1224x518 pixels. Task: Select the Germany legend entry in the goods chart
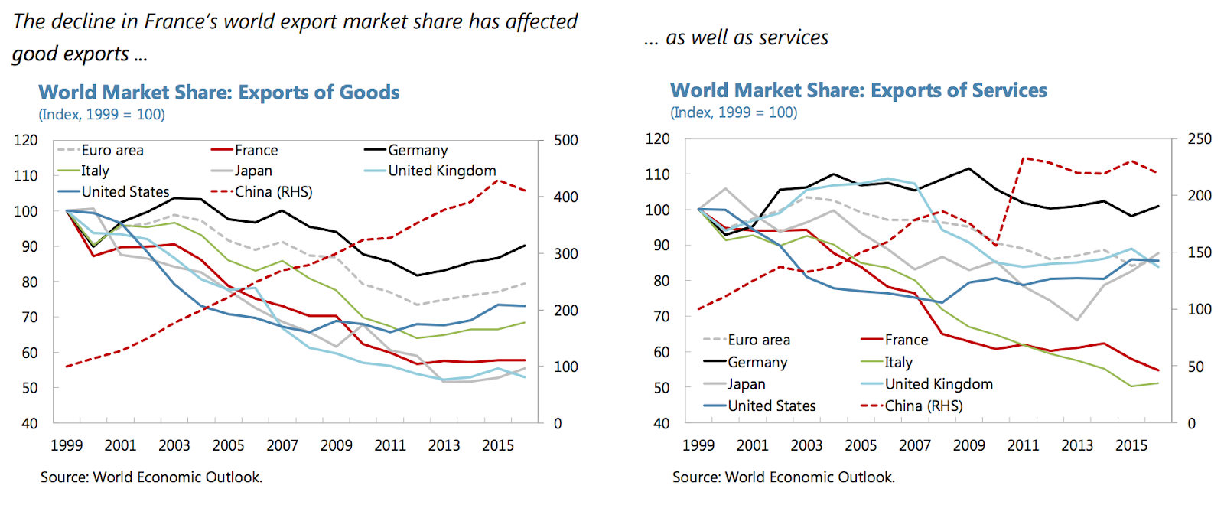(x=417, y=151)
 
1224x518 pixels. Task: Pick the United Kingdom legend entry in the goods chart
(x=441, y=171)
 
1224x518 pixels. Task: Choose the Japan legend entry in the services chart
(x=746, y=384)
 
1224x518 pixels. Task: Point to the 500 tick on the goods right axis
(x=566, y=141)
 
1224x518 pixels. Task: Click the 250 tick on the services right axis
(x=1200, y=139)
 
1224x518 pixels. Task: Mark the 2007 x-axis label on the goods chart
(x=282, y=445)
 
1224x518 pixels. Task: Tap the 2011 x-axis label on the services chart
(x=1023, y=445)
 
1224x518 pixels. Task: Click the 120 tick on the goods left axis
(x=25, y=141)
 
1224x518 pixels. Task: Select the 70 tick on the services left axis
(x=661, y=317)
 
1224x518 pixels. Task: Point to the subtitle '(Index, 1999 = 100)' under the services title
(x=734, y=113)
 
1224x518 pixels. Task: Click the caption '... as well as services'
(x=736, y=38)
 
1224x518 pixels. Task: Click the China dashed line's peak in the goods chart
(x=499, y=181)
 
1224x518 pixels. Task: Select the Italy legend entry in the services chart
(x=898, y=362)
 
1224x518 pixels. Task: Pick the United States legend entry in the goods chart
(x=125, y=192)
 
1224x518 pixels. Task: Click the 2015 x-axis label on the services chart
(x=1131, y=445)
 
